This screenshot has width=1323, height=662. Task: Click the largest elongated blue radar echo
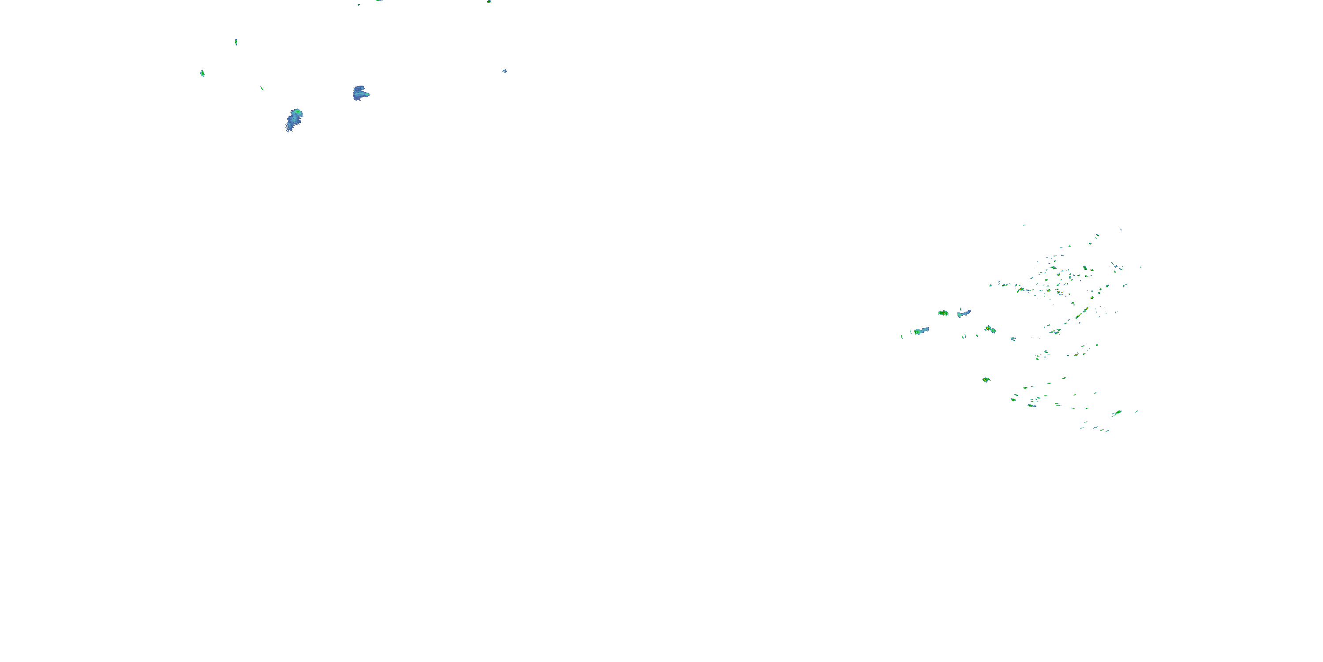(x=294, y=120)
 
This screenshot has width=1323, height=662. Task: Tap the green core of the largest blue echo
(x=296, y=112)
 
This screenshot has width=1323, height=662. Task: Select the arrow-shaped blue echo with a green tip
(x=361, y=93)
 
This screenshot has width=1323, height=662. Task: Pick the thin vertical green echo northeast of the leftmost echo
(x=236, y=41)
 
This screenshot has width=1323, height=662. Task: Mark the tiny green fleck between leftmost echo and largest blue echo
(x=262, y=88)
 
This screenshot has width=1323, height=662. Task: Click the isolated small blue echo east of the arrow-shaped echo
(x=505, y=71)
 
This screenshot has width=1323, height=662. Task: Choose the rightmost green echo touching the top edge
(x=489, y=1)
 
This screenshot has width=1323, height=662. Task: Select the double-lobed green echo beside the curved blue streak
(x=943, y=312)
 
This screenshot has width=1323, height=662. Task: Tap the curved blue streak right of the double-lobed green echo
(x=964, y=313)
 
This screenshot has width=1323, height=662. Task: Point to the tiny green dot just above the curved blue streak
(x=960, y=308)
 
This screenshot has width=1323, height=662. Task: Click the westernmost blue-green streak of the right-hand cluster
(x=921, y=331)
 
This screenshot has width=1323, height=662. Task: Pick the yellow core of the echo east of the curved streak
(x=988, y=328)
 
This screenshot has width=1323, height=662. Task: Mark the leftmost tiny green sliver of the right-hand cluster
(x=902, y=337)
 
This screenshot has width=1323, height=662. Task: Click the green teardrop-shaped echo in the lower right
(x=1117, y=413)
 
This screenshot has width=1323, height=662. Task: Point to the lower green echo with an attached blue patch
(x=1032, y=406)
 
